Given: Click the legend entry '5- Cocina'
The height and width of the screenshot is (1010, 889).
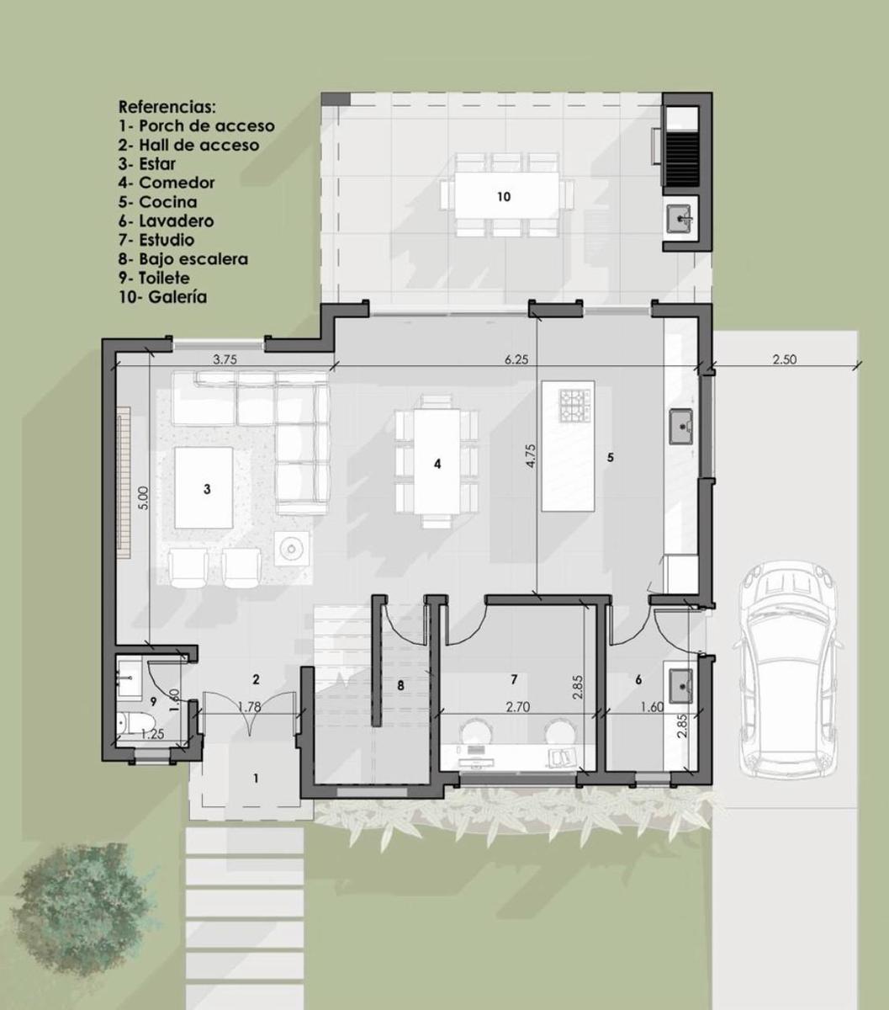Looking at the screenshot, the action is click(x=158, y=202).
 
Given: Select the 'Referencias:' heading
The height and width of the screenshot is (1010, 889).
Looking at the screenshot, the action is click(x=167, y=107).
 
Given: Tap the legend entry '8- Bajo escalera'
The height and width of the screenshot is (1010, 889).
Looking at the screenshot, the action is click(x=183, y=259).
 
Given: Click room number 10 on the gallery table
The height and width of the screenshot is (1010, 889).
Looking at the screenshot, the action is click(x=504, y=197).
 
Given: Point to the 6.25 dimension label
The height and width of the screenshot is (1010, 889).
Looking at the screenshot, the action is click(x=516, y=359).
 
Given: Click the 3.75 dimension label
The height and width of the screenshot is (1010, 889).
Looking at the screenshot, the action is click(x=225, y=359).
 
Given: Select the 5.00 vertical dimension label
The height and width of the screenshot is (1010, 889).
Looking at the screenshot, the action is click(x=143, y=498).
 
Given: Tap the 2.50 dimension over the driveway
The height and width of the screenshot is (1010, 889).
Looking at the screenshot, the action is click(x=785, y=359).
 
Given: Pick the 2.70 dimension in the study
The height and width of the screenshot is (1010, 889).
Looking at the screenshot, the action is click(x=518, y=706).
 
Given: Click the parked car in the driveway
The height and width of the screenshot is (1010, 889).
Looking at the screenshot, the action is click(x=786, y=669).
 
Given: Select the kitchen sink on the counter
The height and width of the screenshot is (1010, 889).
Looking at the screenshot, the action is click(x=681, y=427).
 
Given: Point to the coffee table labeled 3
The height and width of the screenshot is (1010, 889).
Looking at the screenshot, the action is click(x=204, y=487).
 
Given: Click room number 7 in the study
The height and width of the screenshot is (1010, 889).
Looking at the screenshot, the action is click(x=514, y=679).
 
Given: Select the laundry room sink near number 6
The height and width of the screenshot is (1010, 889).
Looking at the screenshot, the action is click(x=680, y=686).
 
